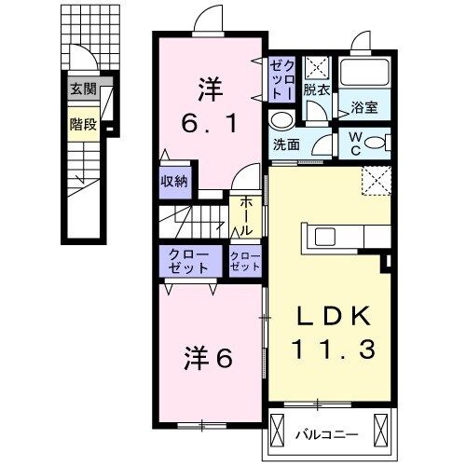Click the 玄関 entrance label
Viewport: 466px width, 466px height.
(82, 90)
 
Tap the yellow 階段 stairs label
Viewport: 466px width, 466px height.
(82, 123)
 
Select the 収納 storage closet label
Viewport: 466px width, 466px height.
(174, 181)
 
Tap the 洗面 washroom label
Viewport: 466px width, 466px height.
(286, 145)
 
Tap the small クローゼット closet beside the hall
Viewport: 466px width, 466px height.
(246, 260)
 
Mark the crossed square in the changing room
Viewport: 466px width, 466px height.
(319, 68)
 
